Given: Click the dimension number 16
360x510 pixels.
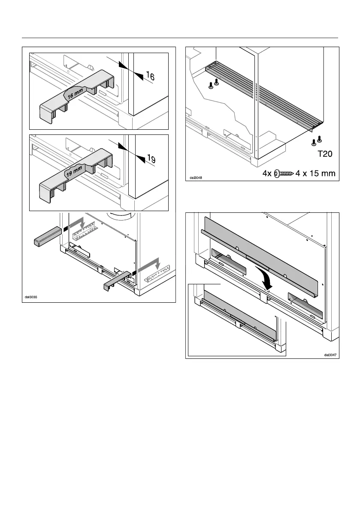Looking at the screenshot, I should tap(150, 77).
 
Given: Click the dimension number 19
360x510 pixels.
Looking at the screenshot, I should tap(150, 159).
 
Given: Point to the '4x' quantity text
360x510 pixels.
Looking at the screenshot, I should tap(268, 173).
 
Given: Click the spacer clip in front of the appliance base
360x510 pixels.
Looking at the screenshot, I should tap(117, 279).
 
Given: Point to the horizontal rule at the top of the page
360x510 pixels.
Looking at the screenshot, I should tap(180, 38).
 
